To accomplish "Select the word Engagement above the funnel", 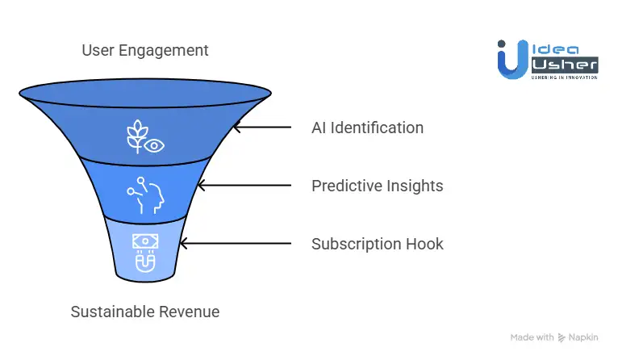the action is point(163,52).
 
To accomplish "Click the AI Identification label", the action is point(367,128).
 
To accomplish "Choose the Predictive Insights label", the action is point(378,186).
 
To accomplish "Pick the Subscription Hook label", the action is point(378,244).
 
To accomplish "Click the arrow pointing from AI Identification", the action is point(262,128).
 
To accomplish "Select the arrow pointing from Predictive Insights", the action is point(244,186).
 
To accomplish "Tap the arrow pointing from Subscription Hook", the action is point(236,243).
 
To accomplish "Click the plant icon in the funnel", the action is point(136,136).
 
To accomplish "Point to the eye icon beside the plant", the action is point(154,145).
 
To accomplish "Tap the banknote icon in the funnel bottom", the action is point(145,241).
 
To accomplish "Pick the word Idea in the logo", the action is point(555,50).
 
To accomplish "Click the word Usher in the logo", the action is point(565,65).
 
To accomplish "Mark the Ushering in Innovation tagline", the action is point(565,77).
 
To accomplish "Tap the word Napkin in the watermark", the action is point(583,337).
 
